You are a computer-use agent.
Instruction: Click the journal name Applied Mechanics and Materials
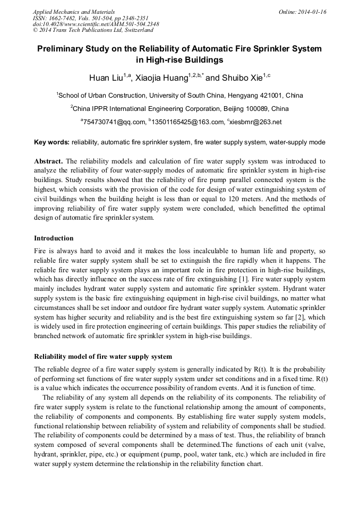(73, 11)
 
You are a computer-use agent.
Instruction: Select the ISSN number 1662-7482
(65, 18)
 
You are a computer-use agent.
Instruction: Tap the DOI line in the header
(96, 24)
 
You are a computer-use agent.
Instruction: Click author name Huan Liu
(106, 78)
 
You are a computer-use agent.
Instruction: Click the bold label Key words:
(52, 142)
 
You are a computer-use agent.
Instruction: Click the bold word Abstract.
(48, 161)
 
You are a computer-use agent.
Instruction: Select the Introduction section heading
(54, 238)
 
